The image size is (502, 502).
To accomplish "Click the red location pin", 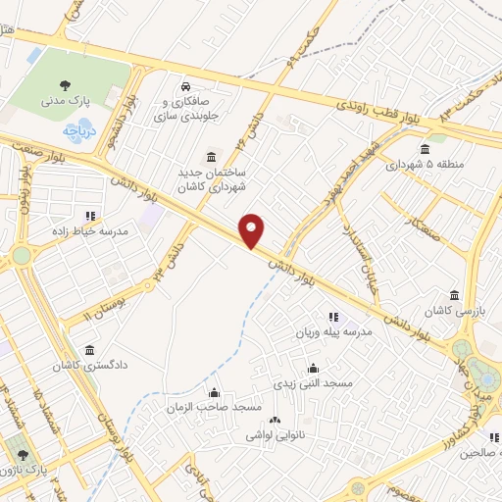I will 252,230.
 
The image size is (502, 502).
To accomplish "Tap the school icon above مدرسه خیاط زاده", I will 90,216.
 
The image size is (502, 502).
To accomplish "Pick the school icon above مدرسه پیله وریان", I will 333,317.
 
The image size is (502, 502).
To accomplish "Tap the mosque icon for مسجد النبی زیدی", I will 313,368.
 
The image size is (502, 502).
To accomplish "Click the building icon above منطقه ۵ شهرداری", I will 425,149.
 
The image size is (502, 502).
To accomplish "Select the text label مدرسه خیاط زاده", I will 59,231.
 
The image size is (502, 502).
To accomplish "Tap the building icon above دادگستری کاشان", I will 90,350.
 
